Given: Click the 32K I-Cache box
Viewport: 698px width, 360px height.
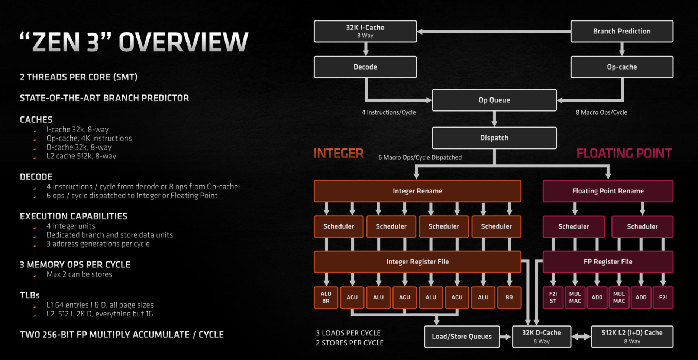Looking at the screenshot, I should click(x=365, y=31).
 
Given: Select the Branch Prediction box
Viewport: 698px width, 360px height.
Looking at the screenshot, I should click(x=621, y=31).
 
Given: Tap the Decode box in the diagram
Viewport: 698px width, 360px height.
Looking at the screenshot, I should click(x=365, y=67).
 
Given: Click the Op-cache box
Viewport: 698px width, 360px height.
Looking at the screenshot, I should click(x=621, y=67).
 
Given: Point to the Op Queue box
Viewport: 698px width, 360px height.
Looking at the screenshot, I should click(x=494, y=100).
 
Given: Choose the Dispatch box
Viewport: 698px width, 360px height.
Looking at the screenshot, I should click(x=494, y=138).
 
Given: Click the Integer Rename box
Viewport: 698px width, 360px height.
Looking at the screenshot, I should click(x=417, y=191).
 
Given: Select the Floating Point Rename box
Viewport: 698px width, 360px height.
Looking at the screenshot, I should click(x=608, y=191).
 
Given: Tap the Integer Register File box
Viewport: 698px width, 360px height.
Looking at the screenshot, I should click(x=417, y=262).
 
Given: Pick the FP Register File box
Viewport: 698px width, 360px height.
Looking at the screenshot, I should click(x=608, y=262).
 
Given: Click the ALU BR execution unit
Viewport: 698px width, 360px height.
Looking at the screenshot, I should click(x=326, y=298).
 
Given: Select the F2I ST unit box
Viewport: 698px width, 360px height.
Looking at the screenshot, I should click(x=553, y=298).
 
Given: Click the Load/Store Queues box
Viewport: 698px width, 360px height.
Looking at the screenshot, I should click(x=462, y=337).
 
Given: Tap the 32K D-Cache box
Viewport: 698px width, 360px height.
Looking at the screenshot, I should click(x=541, y=337).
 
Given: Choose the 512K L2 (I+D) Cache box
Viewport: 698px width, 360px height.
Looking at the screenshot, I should click(x=632, y=337).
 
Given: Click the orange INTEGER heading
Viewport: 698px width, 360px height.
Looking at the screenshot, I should click(x=339, y=153).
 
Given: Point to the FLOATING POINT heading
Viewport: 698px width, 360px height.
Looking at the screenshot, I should click(x=624, y=153).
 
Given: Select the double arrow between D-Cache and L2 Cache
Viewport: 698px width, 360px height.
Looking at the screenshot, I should click(x=581, y=337).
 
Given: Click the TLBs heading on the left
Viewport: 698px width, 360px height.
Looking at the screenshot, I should click(x=30, y=295).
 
